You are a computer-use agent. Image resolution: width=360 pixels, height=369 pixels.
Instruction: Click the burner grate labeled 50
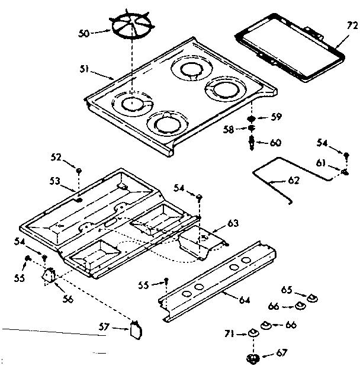point(131,29)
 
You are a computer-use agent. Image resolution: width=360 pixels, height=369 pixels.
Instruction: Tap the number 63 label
point(233,223)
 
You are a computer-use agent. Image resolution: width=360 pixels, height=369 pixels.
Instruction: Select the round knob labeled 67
point(255,357)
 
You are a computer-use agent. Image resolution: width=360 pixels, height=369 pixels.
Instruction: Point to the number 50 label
point(84,34)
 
